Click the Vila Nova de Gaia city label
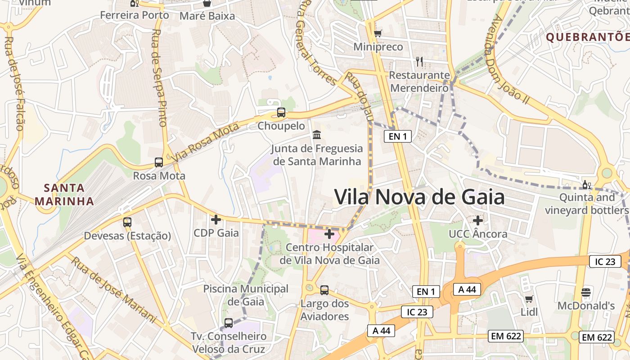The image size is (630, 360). (419, 197)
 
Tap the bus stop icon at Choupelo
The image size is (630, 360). (281, 112)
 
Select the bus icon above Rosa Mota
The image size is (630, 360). (159, 162)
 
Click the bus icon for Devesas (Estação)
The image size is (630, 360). (127, 222)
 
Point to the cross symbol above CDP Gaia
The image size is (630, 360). (216, 220)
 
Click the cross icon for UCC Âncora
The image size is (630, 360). (478, 220)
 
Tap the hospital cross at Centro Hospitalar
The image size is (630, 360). (329, 234)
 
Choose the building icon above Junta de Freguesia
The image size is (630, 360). (317, 135)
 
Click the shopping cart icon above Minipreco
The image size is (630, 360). (378, 33)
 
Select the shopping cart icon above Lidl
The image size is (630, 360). (529, 299)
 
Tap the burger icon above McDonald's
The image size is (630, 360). (586, 292)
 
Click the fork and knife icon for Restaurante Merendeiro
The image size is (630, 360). (419, 61)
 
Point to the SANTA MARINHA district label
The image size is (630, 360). (64, 194)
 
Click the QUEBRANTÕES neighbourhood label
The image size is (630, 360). (587, 37)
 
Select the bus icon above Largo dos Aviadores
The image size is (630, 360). (324, 290)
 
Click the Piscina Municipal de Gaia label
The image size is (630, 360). (246, 295)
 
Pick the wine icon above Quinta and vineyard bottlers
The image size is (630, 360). (586, 185)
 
